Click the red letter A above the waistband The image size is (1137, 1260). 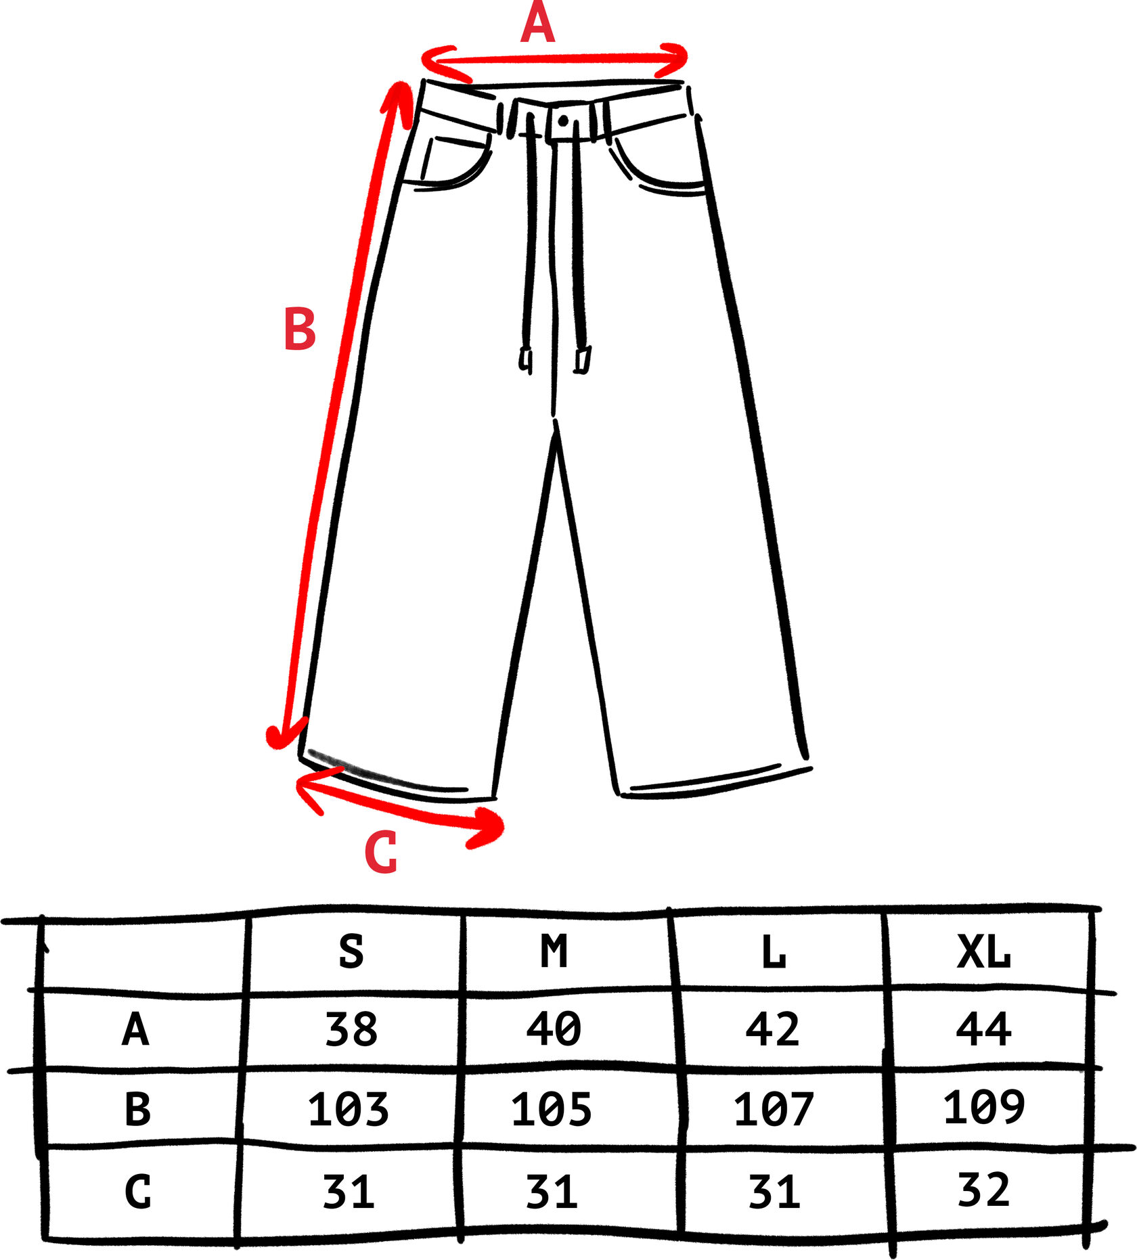538,24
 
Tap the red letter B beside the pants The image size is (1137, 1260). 300,329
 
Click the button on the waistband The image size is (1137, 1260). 563,121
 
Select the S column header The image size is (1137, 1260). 351,951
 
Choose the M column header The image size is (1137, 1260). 554,951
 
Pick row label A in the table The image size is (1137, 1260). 135,1031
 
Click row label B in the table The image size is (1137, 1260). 137,1110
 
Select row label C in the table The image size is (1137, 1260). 137,1192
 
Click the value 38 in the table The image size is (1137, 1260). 351,1031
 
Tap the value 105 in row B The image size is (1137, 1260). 551,1110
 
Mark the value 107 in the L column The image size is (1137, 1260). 773,1110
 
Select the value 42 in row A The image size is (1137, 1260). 772,1030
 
